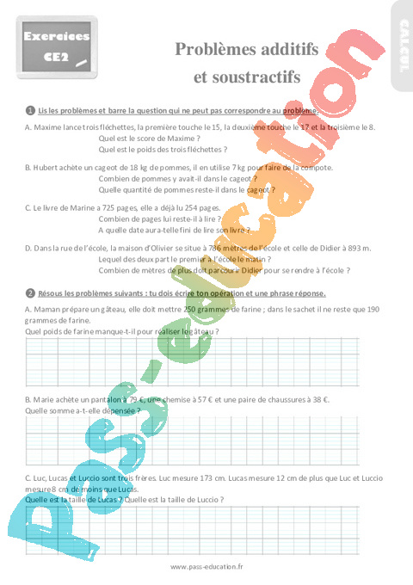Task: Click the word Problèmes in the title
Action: click(x=210, y=51)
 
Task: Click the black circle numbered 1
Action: click(x=30, y=110)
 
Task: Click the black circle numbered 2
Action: click(x=30, y=292)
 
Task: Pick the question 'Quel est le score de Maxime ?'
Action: click(x=150, y=138)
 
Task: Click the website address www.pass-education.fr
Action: click(x=206, y=566)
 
